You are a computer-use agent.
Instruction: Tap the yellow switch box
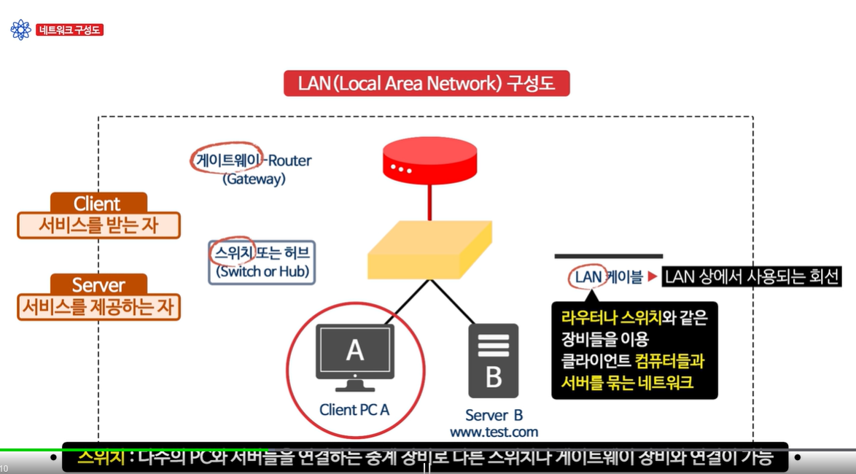tap(429, 252)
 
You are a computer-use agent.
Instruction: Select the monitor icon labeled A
tap(355, 357)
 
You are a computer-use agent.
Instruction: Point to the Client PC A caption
tap(354, 410)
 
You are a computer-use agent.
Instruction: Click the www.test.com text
tap(494, 432)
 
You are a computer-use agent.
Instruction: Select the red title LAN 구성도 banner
tap(427, 83)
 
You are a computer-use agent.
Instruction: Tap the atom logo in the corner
tap(20, 30)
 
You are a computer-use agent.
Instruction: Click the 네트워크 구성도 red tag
tap(70, 30)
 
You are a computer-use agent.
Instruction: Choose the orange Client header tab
tap(98, 203)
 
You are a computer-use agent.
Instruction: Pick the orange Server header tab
tap(98, 284)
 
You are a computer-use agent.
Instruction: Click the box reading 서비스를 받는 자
tap(98, 225)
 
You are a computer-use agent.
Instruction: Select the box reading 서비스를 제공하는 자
tap(98, 306)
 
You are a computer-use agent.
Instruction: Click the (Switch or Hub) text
tap(262, 272)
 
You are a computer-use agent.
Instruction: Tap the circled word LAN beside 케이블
tap(588, 277)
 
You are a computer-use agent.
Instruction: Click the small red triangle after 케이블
tap(653, 277)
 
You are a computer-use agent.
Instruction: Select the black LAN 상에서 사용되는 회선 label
tap(752, 276)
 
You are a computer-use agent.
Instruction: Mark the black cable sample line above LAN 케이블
tap(608, 256)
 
